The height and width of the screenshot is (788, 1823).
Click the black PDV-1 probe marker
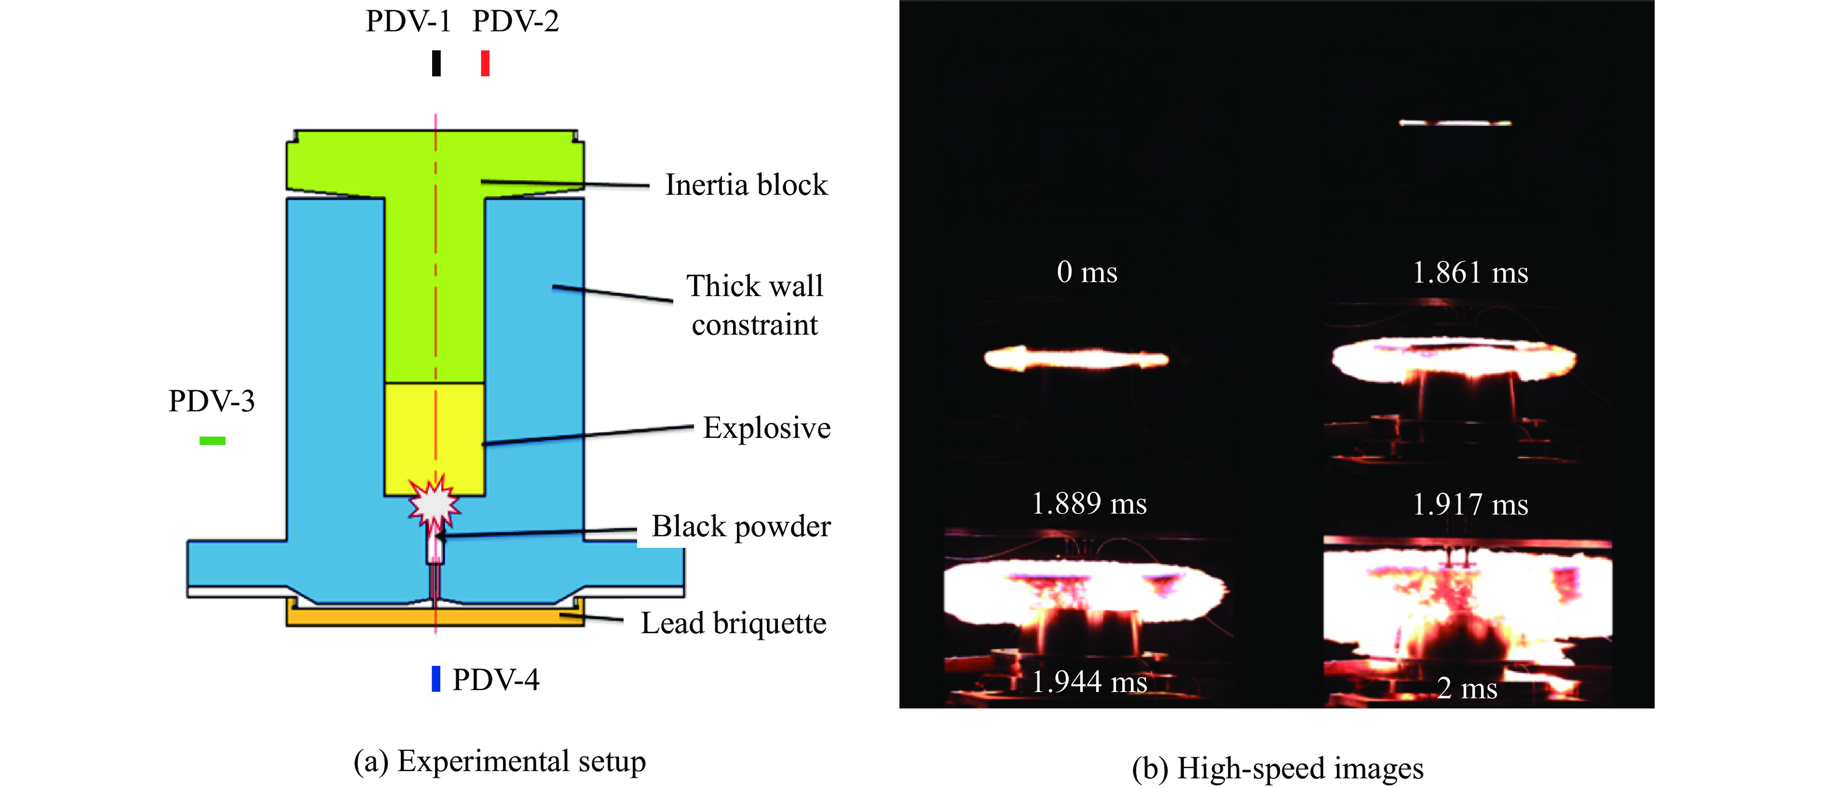pyautogui.click(x=436, y=63)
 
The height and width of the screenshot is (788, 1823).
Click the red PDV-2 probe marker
pyautogui.click(x=485, y=63)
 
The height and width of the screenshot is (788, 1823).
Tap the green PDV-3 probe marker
pyautogui.click(x=212, y=441)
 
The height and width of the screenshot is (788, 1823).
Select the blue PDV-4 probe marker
pyautogui.click(x=436, y=679)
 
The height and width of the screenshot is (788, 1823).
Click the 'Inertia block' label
pyautogui.click(x=746, y=185)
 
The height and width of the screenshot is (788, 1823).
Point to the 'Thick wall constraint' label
pyautogui.click(x=754, y=305)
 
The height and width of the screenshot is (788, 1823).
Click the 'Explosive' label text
pyautogui.click(x=766, y=428)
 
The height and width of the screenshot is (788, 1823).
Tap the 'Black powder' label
pyautogui.click(x=741, y=526)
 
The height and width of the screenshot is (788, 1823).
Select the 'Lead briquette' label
pyautogui.click(x=733, y=623)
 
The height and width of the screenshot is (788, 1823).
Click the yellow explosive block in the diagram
pyautogui.click(x=435, y=432)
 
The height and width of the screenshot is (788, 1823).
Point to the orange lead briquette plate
pyautogui.click(x=435, y=617)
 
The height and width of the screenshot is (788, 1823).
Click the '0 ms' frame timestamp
pyautogui.click(x=1087, y=272)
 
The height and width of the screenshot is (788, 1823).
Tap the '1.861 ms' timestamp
pyautogui.click(x=1470, y=273)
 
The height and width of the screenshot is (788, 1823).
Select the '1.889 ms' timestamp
pyautogui.click(x=1088, y=503)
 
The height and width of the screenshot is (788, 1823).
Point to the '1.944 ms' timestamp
pyautogui.click(x=1088, y=682)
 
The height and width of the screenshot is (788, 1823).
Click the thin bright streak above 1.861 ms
pyautogui.click(x=1455, y=123)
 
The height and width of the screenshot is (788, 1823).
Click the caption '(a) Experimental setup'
pyautogui.click(x=500, y=761)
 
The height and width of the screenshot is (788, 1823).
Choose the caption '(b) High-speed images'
pyautogui.click(x=1278, y=768)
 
